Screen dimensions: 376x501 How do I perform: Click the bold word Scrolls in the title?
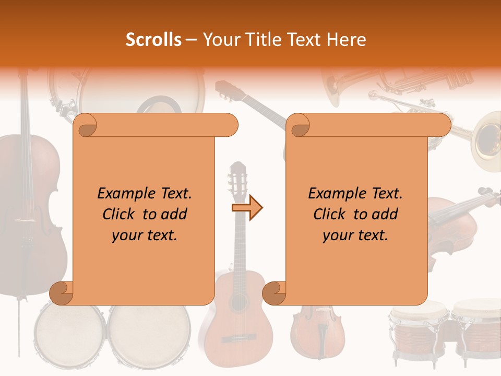(153, 40)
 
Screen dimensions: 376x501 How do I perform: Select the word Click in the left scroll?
(120, 214)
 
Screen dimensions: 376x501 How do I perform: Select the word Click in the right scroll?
(331, 214)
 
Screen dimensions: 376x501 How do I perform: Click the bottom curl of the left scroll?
(61, 293)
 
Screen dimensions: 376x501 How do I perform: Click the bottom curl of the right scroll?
(274, 293)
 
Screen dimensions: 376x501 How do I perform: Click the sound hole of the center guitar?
(238, 302)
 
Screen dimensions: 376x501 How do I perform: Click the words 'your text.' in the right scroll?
(355, 235)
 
